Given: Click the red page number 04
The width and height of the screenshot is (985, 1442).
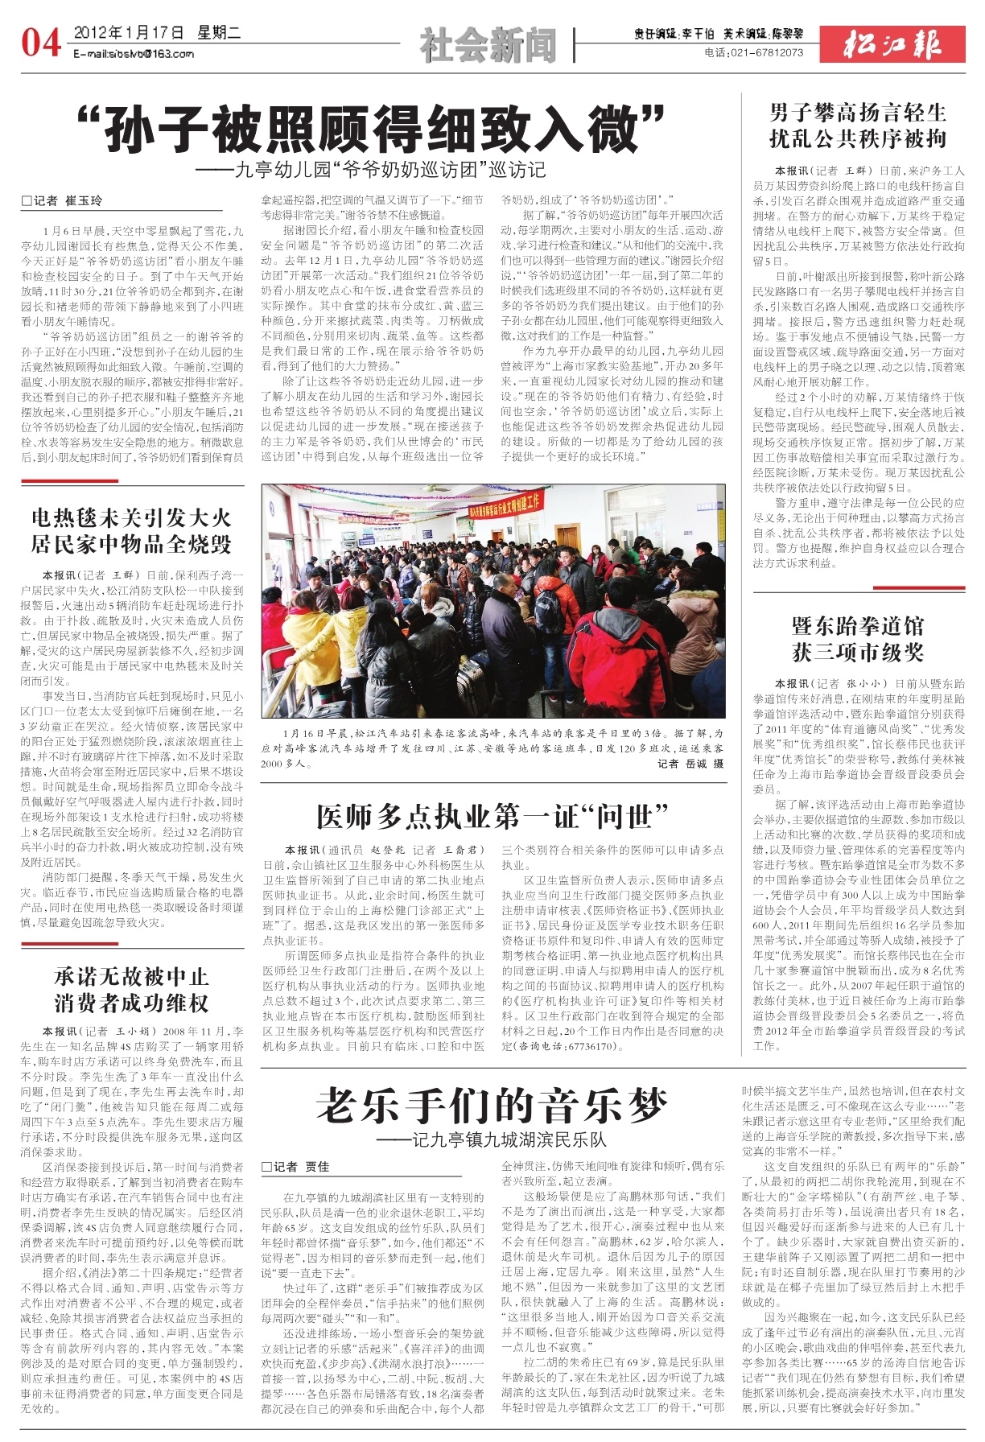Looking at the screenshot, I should click(41, 42).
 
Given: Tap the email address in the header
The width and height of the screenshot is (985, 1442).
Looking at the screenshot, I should click(134, 54).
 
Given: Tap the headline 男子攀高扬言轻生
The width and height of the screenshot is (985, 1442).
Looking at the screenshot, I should click(858, 113).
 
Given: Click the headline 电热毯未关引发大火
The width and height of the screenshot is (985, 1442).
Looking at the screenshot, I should click(131, 517).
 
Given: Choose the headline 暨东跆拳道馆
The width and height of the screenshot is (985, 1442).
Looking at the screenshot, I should click(858, 625).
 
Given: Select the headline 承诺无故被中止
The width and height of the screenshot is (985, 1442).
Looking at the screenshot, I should click(131, 977).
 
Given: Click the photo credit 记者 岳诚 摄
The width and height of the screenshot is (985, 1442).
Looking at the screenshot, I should click(690, 764).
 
